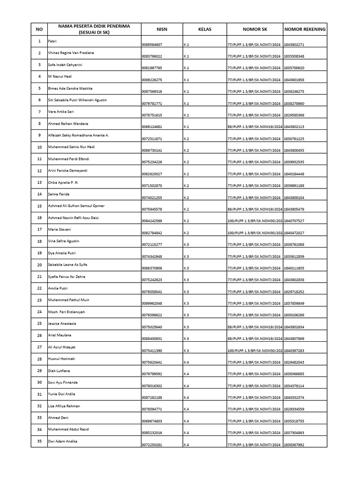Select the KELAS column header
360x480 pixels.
click(204, 29)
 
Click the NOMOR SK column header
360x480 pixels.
click(254, 29)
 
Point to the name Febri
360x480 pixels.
click(52, 41)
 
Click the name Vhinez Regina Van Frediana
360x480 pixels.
click(71, 53)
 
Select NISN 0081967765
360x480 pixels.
click(151, 68)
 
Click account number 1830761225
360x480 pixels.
click(294, 139)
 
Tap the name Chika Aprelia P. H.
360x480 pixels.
click(64, 182)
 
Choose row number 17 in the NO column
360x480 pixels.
click(39, 230)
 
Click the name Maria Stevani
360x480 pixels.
click(59, 230)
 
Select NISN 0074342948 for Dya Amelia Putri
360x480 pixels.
click(151, 256)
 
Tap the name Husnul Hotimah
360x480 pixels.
click(61, 359)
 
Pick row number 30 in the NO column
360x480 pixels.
click(39, 382)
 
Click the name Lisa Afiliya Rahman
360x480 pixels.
click(64, 406)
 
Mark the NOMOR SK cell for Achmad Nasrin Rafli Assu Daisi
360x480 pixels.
click(254, 221)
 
